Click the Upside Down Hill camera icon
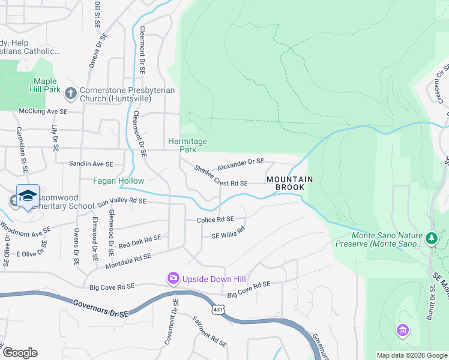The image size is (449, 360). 173,277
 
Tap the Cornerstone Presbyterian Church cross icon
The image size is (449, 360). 70,93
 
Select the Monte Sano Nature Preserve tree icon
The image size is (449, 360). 431,239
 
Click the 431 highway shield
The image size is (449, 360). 217,308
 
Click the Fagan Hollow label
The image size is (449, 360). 118,181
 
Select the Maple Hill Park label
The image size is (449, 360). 46,85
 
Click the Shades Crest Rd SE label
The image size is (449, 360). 221,175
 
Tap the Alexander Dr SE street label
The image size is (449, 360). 240,162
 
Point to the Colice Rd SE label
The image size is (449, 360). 215,220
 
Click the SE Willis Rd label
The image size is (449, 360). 228,233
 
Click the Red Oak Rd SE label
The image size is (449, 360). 140,242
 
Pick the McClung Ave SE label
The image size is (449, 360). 43,112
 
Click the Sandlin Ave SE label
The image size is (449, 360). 91,164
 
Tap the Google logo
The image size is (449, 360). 20,353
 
